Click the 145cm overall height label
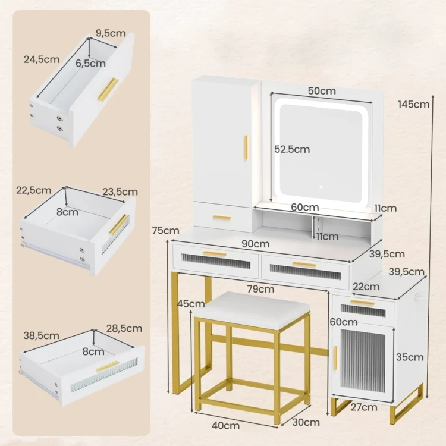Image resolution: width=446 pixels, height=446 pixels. [413, 105]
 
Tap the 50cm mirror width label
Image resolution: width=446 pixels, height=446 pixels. [322, 91]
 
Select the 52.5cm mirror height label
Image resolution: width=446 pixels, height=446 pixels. [292, 149]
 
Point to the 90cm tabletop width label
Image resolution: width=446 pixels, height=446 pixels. [256, 244]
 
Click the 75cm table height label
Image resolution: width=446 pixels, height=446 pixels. [165, 230]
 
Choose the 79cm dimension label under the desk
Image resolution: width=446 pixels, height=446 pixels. [260, 289]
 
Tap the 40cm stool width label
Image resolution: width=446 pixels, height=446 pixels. [225, 426]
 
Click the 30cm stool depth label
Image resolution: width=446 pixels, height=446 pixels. [306, 422]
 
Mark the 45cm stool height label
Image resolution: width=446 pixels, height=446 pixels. [191, 304]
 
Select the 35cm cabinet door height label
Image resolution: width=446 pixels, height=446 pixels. [410, 357]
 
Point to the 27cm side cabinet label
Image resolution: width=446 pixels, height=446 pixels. [364, 407]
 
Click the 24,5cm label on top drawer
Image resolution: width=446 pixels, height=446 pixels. [42, 59]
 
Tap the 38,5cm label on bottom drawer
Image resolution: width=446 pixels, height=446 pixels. [41, 335]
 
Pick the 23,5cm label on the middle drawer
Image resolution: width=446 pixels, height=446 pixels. [120, 191]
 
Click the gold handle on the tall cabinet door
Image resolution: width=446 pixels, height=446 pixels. [246, 148]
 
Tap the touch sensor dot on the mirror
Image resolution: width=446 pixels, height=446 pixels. [321, 187]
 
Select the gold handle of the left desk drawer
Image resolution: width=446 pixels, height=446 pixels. [215, 254]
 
